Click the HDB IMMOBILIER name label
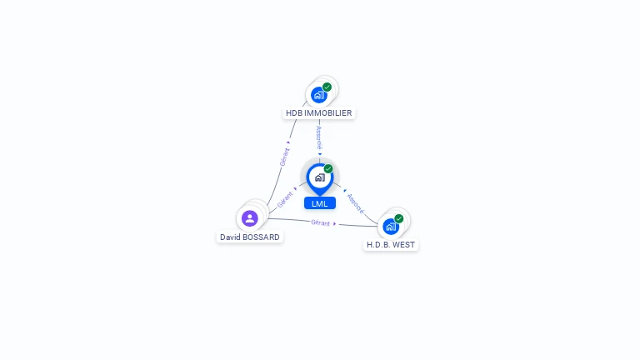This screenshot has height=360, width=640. tap(319, 112)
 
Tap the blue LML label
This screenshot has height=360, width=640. tap(319, 203)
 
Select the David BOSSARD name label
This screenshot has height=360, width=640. tap(249, 237)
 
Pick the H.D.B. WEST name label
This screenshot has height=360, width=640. tap(391, 244)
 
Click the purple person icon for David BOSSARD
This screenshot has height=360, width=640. tap(249, 218)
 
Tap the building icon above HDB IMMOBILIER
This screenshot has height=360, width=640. tap(318, 95)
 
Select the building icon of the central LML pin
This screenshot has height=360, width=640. tap(319, 177)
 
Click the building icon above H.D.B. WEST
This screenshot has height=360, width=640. tap(390, 226)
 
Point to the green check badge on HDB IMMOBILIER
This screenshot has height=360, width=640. tap(327, 87)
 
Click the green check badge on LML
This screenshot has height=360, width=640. tap(328, 168)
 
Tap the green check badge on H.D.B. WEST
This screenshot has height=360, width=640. tap(399, 218)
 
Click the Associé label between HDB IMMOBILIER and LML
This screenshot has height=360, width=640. tap(319, 137)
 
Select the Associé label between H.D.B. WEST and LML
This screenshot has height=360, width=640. tap(356, 202)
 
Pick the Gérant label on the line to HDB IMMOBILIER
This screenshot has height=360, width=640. tap(284, 157)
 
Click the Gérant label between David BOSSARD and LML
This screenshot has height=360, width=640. tap(285, 200)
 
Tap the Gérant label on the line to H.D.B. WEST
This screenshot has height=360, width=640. tap(320, 222)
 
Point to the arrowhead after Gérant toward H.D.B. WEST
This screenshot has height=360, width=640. tap(335, 223)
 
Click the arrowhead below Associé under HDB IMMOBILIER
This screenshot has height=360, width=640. tap(319, 152)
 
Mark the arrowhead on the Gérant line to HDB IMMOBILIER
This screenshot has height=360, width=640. tap(288, 142)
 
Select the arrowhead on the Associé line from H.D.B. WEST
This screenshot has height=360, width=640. tap(344, 190)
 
